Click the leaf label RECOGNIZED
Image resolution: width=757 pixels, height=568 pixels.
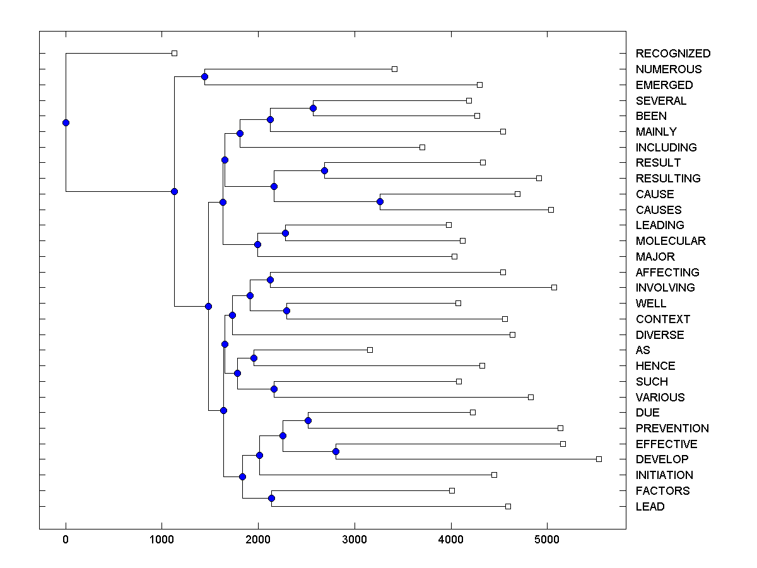(x=672, y=54)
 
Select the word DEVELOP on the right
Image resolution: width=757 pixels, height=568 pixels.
(x=662, y=459)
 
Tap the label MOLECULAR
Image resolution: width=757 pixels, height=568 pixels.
(x=671, y=241)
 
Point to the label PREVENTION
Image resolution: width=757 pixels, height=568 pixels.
(x=672, y=429)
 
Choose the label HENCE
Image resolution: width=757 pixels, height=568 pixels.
(x=655, y=366)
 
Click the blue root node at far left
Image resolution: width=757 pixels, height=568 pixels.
(x=66, y=122)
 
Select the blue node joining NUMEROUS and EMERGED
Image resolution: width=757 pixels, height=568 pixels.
(x=204, y=76)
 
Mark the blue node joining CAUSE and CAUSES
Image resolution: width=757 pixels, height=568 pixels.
(x=380, y=201)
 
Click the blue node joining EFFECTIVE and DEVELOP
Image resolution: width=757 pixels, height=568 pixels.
(x=336, y=451)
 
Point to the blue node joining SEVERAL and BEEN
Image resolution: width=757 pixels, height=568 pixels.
(x=313, y=108)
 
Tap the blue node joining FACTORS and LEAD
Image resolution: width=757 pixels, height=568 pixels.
(x=271, y=499)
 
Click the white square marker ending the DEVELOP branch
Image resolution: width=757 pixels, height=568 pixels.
(x=599, y=459)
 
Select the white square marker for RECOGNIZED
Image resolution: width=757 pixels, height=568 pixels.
(x=175, y=53)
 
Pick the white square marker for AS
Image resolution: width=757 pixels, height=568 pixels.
(x=370, y=350)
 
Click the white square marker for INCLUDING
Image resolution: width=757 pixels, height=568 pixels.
(x=422, y=147)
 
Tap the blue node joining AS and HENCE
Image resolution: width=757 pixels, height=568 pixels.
(x=254, y=358)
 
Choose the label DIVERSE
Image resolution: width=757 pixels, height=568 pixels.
(x=659, y=335)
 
